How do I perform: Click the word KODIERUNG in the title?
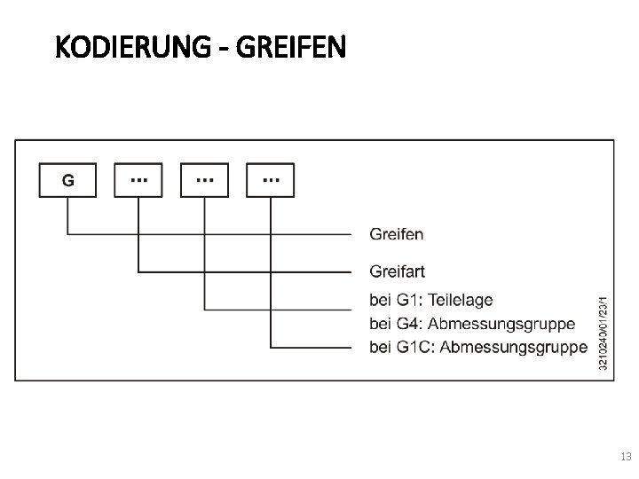pos(129,47)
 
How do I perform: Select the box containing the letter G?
pos(67,180)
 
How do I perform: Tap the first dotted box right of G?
pos(138,180)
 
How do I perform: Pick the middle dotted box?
pos(204,180)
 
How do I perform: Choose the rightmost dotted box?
pos(271,180)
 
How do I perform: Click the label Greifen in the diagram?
pos(396,235)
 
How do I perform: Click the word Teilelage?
pos(461,301)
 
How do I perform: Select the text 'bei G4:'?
pos(398,324)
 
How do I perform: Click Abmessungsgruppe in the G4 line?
pos(503,324)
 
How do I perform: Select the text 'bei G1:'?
pos(398,301)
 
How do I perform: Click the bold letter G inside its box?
pos(67,180)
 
